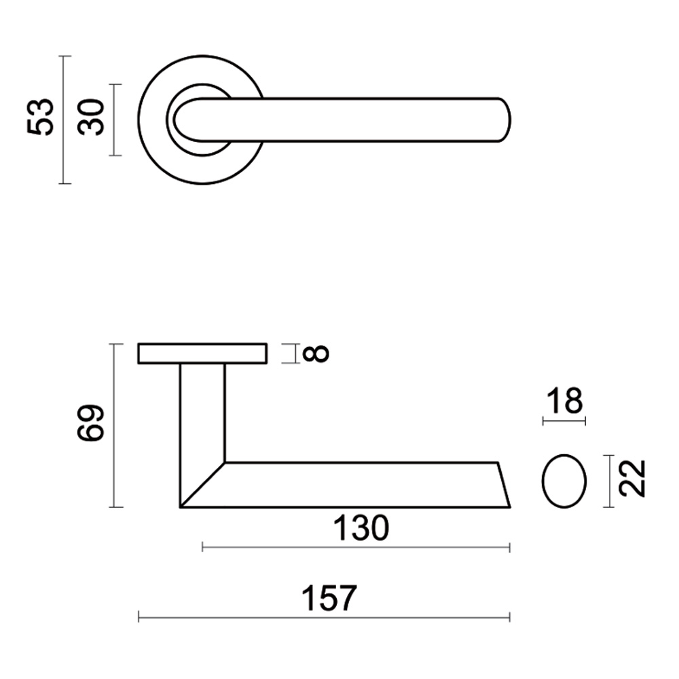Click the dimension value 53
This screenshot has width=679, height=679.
tap(40, 117)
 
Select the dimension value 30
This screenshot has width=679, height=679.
tap(91, 117)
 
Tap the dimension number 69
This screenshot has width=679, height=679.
tap(90, 424)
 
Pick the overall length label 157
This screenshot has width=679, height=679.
tap(328, 598)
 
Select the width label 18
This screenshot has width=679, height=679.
tap(564, 402)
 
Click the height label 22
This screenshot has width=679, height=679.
tap(632, 479)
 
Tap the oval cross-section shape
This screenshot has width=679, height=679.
tap(564, 481)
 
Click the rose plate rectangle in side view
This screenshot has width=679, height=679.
tap(202, 354)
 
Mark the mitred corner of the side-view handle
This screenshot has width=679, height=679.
tap(203, 485)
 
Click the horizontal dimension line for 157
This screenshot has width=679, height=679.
tap(324, 617)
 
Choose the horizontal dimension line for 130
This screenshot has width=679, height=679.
tap(356, 547)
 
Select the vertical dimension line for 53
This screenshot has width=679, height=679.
tap(64, 120)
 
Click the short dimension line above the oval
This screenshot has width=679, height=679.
tap(564, 422)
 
